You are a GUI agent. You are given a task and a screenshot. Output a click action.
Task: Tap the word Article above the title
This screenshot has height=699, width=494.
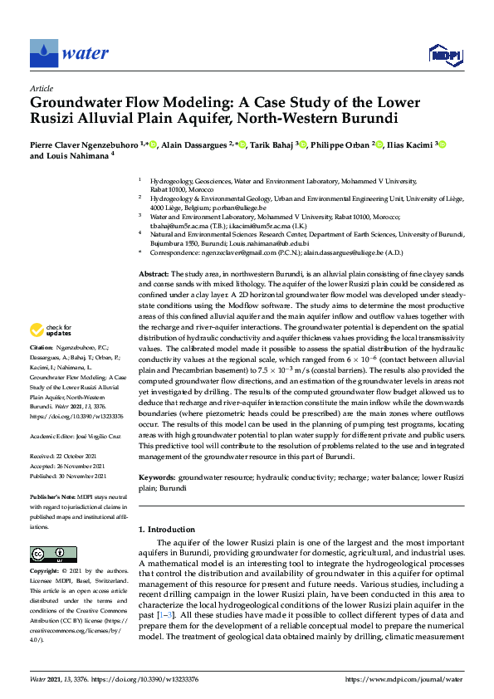(42, 88)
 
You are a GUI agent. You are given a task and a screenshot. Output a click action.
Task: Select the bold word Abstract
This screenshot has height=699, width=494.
(154, 273)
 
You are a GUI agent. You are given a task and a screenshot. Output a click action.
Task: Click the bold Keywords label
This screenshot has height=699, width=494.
(157, 478)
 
